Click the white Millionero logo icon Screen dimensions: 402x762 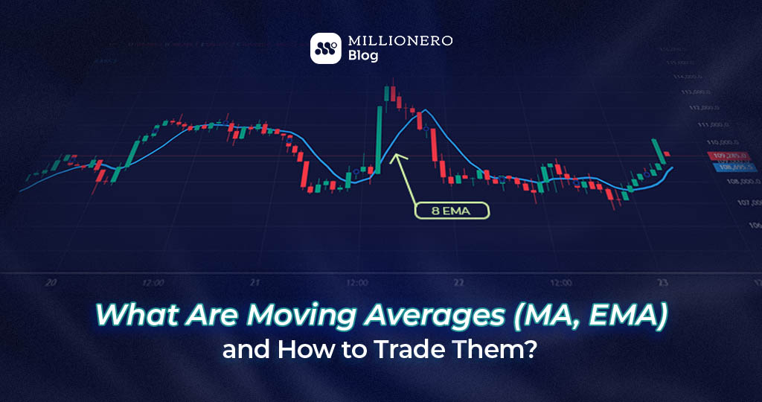325,48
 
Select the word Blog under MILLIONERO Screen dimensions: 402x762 364,56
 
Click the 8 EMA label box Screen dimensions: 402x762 452,211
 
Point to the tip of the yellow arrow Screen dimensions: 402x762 394,155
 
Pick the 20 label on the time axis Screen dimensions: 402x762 51,283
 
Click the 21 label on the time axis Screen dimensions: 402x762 254,283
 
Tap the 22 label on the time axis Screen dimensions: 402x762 458,283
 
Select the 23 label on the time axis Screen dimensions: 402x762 662,283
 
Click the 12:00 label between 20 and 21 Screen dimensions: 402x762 153,283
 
